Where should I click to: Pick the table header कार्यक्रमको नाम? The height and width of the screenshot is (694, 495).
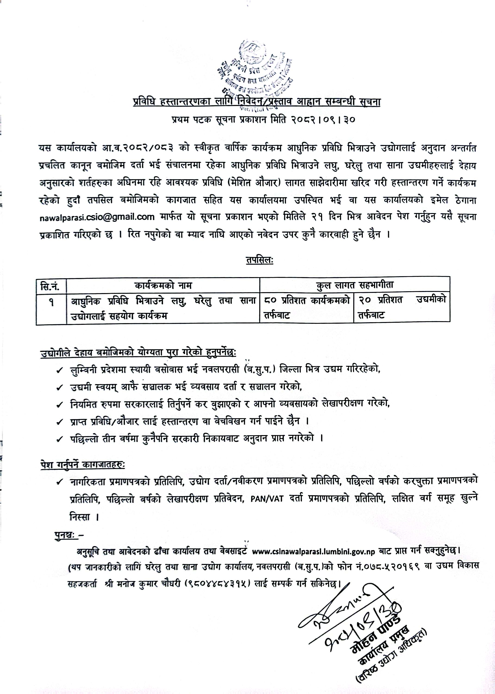(x=163, y=286)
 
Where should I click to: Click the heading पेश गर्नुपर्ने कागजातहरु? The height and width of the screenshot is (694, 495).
(x=82, y=465)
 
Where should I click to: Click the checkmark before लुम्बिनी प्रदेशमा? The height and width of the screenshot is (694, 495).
(x=60, y=370)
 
